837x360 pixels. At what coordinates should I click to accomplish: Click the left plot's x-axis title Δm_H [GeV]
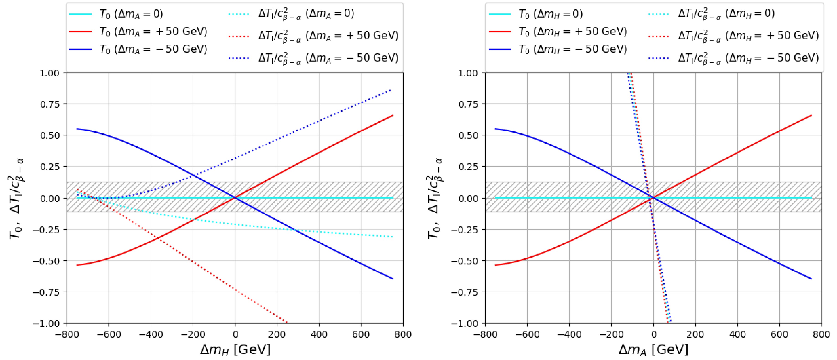[235, 350]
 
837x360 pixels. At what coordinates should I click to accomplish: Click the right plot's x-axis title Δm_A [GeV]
[654, 350]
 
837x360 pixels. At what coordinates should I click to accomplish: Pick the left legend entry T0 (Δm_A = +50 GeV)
[153, 31]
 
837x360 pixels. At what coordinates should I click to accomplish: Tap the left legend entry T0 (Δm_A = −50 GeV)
[153, 49]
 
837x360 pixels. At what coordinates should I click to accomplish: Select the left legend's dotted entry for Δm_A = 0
[306, 14]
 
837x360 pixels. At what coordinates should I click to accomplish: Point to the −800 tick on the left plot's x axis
[67, 334]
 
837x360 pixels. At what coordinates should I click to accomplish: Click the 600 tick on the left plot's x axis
[361, 334]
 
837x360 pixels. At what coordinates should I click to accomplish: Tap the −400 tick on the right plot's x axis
[569, 334]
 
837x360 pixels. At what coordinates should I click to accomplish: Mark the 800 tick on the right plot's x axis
[821, 334]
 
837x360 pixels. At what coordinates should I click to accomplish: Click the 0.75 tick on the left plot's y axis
[50, 104]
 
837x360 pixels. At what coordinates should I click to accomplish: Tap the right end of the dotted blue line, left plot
[390, 90]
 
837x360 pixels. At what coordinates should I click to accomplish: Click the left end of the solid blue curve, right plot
[495, 129]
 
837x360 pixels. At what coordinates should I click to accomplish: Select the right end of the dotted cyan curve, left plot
[393, 236]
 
